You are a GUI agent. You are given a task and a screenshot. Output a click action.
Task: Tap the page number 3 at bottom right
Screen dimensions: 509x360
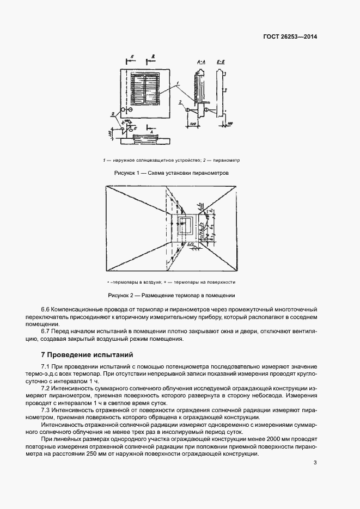coord(315,463)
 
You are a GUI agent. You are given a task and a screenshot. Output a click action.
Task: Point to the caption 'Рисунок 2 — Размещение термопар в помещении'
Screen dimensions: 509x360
coord(171,295)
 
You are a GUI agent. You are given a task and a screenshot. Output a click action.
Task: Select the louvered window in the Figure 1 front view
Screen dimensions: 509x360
coord(145,90)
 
